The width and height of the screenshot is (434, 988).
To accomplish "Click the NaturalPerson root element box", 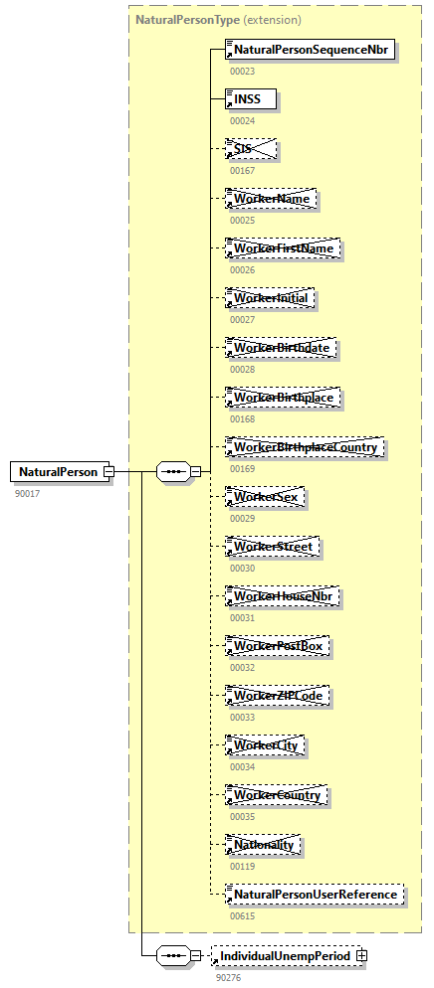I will click(59, 472).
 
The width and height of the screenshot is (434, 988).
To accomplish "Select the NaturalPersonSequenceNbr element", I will click(312, 50).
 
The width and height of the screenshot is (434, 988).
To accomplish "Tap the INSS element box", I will click(251, 99).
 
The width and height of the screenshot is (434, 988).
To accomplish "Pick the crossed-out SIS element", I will click(251, 149).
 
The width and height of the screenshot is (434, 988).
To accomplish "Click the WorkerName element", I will click(272, 199).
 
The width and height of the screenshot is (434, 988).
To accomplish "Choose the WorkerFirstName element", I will click(284, 248).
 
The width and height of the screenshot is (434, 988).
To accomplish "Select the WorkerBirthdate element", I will click(281, 348).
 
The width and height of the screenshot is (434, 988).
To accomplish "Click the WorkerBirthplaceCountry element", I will click(306, 447).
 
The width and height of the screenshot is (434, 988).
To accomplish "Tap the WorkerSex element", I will click(266, 497).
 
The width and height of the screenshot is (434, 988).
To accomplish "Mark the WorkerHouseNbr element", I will click(283, 596).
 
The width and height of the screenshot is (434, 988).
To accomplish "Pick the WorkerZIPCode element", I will click(279, 696).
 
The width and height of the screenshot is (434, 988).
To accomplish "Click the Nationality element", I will click(264, 845).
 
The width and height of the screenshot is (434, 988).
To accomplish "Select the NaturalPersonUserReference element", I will click(317, 895).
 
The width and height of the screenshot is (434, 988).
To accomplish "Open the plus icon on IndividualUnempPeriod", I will click(361, 955).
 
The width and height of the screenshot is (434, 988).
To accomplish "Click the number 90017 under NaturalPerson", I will click(27, 493).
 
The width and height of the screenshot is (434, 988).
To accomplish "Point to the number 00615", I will click(242, 916).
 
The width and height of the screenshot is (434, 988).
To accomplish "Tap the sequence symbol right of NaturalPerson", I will click(173, 472).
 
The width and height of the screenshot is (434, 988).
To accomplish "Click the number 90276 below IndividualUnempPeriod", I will click(228, 977).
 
